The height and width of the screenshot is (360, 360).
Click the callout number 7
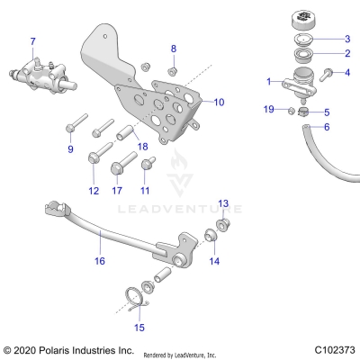[33, 41]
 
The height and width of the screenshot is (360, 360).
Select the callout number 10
[219, 103]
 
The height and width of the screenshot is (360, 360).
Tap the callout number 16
[100, 261]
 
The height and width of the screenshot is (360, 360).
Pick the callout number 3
[347, 40]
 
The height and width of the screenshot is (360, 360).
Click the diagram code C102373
[334, 348]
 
